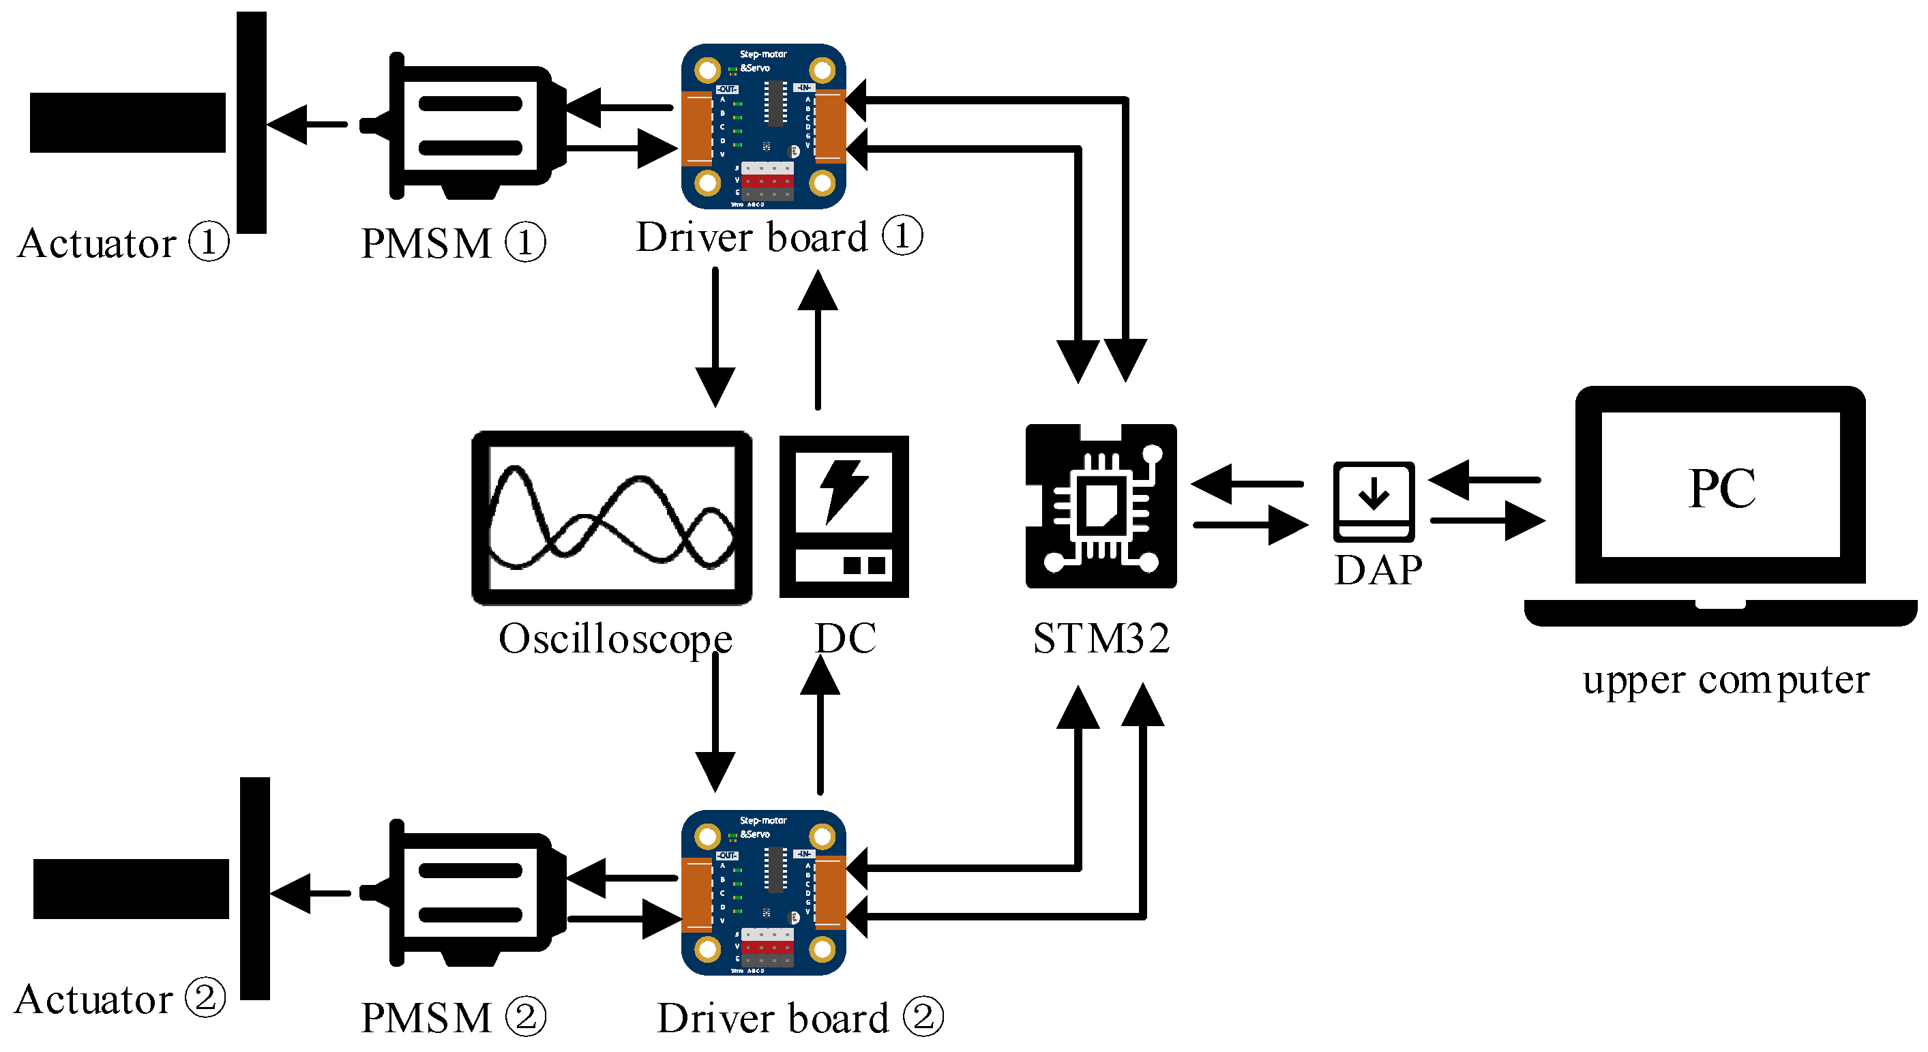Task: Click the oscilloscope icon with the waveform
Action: click(x=612, y=517)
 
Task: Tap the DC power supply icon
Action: click(x=844, y=516)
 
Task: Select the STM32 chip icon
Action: click(x=1100, y=506)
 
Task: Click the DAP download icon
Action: click(x=1374, y=500)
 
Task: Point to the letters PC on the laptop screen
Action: click(x=1721, y=489)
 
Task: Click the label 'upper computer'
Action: click(x=1725, y=680)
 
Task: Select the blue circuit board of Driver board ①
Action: click(x=763, y=125)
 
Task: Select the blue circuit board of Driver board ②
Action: click(x=763, y=892)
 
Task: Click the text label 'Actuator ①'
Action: click(x=122, y=243)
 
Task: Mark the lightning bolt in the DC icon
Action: click(x=844, y=490)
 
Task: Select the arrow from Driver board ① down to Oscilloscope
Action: click(x=715, y=337)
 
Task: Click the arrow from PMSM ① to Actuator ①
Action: click(x=307, y=124)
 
